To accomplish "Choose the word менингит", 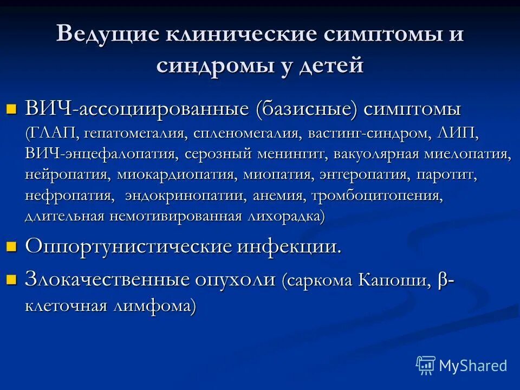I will pos(293,154).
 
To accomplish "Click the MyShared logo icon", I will pos(425,365).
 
